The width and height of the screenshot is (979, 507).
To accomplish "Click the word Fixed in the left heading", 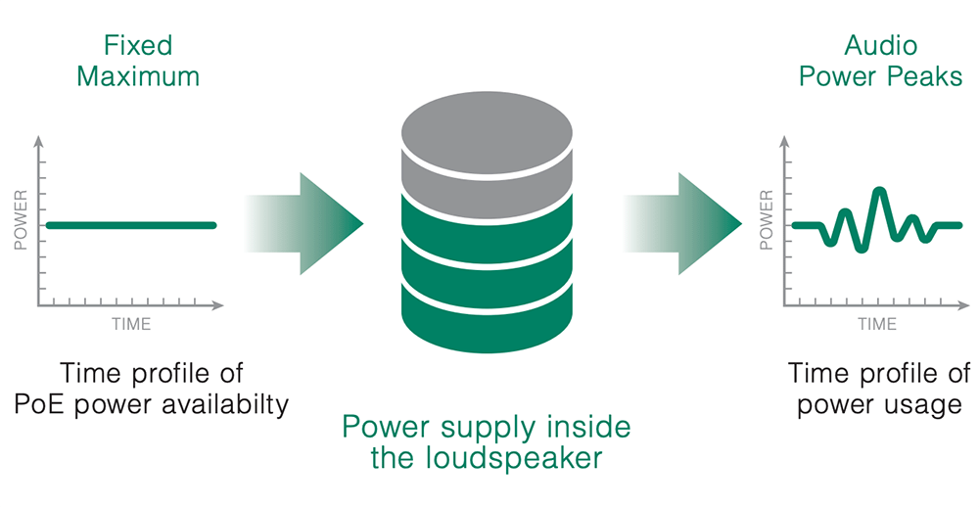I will pos(138,45).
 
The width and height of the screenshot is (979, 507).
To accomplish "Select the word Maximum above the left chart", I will pos(138,76).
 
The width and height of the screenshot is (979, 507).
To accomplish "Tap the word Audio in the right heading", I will pos(879,45).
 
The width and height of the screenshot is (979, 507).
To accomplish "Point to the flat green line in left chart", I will pos(130,225).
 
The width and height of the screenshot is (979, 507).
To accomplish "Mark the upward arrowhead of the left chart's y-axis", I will pos(39,142).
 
